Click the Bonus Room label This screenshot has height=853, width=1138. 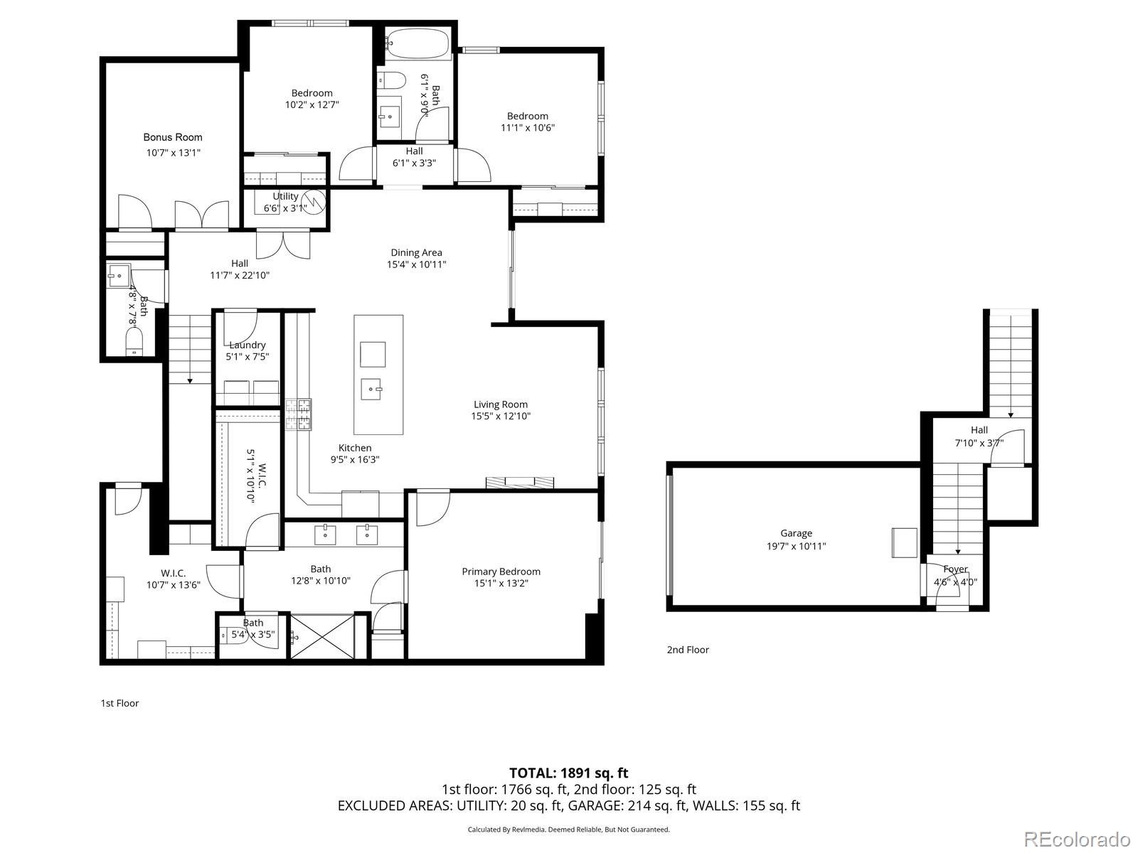coord(173,137)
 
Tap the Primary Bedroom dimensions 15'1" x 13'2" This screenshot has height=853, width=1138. coord(501,584)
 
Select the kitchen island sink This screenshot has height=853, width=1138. coord(373,390)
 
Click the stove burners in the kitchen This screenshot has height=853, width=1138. coord(299,415)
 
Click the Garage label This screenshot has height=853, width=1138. coord(796,533)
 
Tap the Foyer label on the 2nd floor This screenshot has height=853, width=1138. coord(955,569)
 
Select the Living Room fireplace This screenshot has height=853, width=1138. coord(519,483)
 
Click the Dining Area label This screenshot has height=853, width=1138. coord(416,252)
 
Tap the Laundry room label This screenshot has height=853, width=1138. coord(247,345)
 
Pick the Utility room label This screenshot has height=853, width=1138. coord(285,196)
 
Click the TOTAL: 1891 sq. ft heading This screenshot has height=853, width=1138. coord(568,773)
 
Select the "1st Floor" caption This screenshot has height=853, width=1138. coord(119,703)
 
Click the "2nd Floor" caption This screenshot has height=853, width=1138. coord(688,649)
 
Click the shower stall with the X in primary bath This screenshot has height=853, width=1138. coord(322,636)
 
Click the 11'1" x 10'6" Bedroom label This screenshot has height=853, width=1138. coord(528,116)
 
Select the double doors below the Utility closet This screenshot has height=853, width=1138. coord(283,243)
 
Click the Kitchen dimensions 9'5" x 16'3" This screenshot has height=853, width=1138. coord(354,459)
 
